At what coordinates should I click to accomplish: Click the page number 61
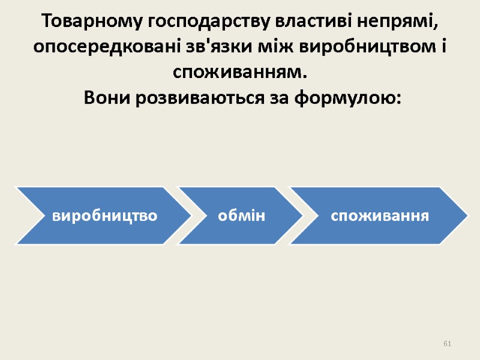[447, 343]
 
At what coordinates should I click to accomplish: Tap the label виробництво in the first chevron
[104, 215]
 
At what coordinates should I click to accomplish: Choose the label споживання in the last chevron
[380, 215]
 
